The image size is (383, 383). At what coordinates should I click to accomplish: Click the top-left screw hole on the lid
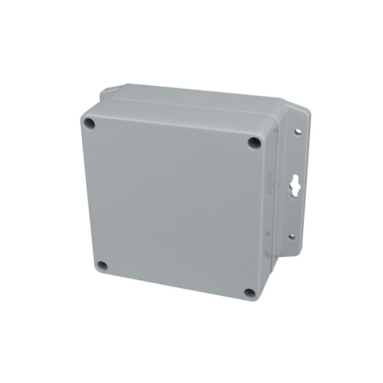[x=89, y=123]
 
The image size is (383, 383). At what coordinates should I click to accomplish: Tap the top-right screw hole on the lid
[x=254, y=143]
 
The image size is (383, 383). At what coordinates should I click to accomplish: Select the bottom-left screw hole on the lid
[x=101, y=266]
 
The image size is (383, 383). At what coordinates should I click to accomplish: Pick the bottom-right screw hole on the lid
[x=250, y=293]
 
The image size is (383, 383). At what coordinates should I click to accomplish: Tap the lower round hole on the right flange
[x=291, y=237]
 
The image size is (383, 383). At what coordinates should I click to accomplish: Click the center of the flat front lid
[x=172, y=204]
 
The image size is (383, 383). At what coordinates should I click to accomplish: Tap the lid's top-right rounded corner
[x=262, y=136]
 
